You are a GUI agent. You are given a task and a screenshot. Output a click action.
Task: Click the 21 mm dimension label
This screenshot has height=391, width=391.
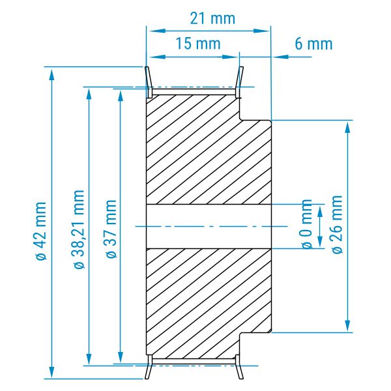[x=212, y=19]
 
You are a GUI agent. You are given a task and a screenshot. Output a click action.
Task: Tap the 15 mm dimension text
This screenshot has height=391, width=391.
[x=198, y=44]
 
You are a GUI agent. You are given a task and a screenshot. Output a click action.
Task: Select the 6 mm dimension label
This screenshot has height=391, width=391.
[x=313, y=44]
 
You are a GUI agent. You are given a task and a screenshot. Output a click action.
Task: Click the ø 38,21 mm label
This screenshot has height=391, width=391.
[x=79, y=229]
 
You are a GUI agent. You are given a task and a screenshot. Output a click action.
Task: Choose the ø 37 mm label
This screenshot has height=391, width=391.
[x=111, y=229]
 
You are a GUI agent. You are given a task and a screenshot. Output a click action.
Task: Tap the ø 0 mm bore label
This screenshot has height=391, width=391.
[x=307, y=224]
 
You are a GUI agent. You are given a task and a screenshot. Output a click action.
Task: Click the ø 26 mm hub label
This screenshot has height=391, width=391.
[x=337, y=224]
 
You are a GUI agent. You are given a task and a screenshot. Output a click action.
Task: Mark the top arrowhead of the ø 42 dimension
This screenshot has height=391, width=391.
[x=51, y=74]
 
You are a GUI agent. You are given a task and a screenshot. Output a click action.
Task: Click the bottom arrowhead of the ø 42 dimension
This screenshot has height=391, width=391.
[x=51, y=372]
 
